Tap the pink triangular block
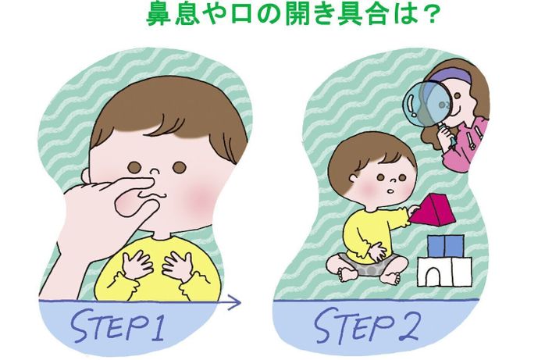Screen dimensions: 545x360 click(433, 210)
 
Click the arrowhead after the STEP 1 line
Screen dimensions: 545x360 click(235, 303)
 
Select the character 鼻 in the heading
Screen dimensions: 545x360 click(159, 14)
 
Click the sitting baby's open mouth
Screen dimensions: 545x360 click(390, 191)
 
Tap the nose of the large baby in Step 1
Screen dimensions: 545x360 click(155, 171)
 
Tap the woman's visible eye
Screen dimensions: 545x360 click(458, 95)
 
